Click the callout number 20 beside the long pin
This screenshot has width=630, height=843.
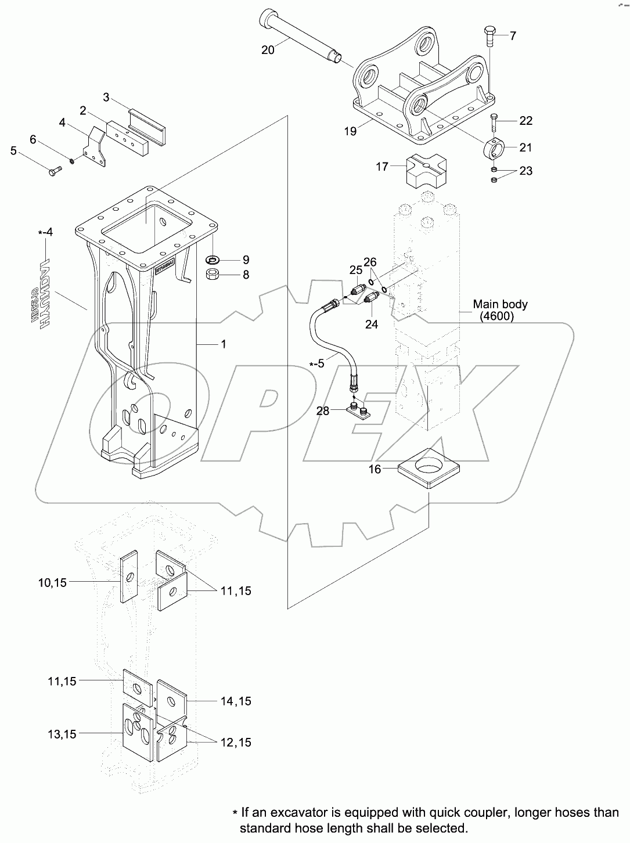tap(267, 50)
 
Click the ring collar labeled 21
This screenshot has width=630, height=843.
tap(495, 148)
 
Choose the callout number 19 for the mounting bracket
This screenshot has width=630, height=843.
tap(350, 131)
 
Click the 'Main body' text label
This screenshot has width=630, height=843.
tap(499, 304)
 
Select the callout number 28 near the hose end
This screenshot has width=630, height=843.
tap(323, 411)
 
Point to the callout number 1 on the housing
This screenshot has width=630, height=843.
tap(223, 344)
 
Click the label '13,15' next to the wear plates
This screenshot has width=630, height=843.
tap(62, 734)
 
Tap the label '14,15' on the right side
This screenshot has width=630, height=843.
tap(236, 701)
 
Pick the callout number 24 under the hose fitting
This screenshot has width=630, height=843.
tap(371, 325)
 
